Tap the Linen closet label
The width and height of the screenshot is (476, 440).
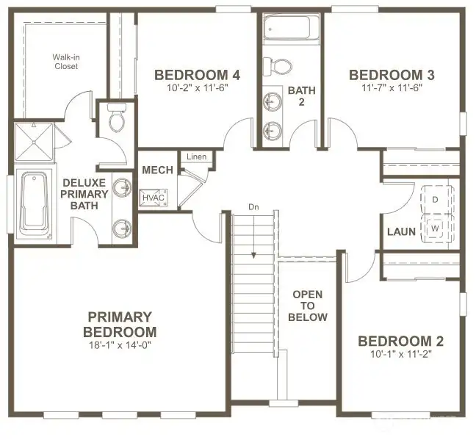coord(196,157)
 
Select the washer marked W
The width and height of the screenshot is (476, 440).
coord(435,227)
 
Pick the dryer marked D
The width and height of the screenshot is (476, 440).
coord(435,199)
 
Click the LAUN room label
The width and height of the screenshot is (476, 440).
coord(402,232)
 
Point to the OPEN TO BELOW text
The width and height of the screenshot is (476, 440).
coord(308,306)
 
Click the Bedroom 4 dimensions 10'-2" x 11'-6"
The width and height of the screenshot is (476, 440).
coord(197,87)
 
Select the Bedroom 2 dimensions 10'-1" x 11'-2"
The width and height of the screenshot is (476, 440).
coord(401,354)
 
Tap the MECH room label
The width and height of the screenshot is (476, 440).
coord(157,170)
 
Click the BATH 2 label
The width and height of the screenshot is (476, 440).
coord(301,95)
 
